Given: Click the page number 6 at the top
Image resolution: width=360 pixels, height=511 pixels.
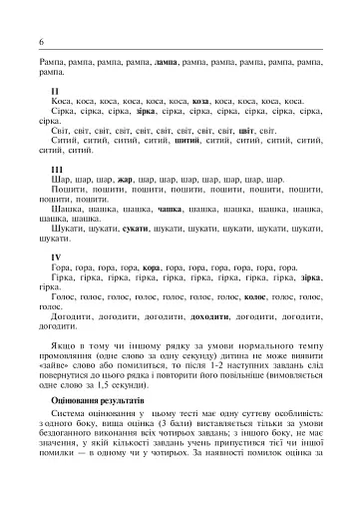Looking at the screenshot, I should pyautogui.click(x=41, y=44).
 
